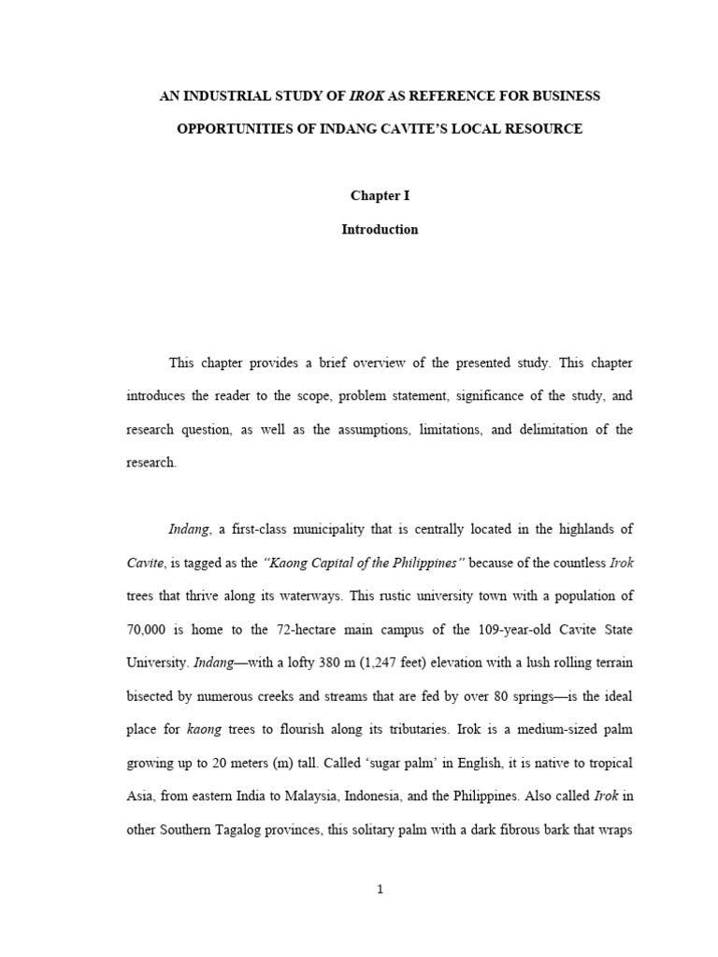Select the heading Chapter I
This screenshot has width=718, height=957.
point(380,196)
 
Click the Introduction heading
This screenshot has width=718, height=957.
point(380,230)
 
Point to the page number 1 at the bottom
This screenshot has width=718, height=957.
point(380,890)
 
